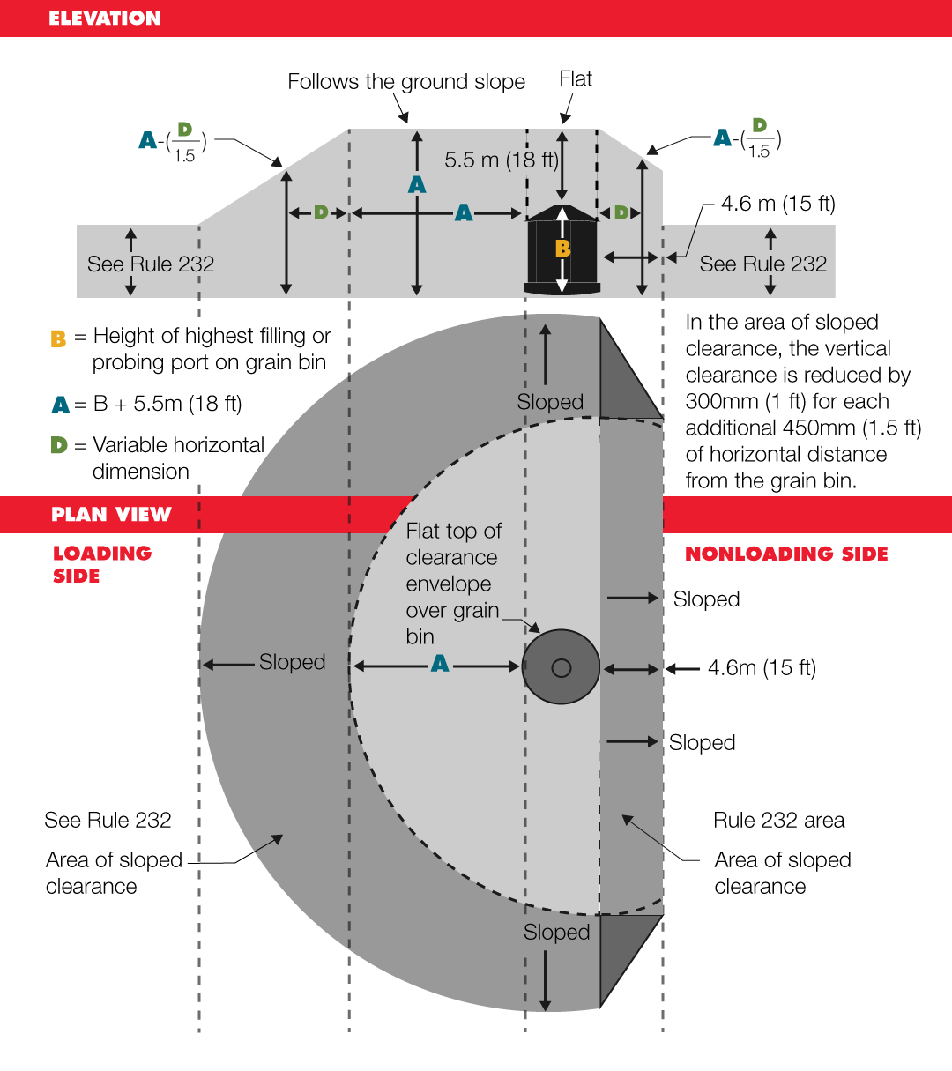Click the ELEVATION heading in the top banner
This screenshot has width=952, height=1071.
click(104, 19)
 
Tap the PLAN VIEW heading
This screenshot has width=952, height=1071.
click(111, 515)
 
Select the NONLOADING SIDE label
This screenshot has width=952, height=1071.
click(786, 554)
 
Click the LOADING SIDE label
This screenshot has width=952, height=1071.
click(101, 564)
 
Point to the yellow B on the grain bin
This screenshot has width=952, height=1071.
click(562, 249)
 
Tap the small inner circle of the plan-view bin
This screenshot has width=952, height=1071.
click(562, 668)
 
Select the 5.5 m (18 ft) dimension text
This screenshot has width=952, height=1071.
click(501, 160)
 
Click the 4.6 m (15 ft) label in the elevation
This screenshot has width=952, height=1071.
click(777, 204)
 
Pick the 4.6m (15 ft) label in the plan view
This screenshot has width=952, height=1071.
click(762, 668)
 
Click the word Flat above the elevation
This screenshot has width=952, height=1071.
click(576, 79)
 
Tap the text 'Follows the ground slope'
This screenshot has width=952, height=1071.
click(406, 82)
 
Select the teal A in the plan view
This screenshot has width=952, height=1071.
click(440, 664)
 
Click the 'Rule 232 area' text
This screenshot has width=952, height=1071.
click(778, 821)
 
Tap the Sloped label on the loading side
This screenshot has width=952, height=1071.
click(292, 662)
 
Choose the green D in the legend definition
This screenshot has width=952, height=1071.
click(59, 445)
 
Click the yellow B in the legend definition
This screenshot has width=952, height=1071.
click(58, 338)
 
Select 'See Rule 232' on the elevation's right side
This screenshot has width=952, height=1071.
click(762, 264)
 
